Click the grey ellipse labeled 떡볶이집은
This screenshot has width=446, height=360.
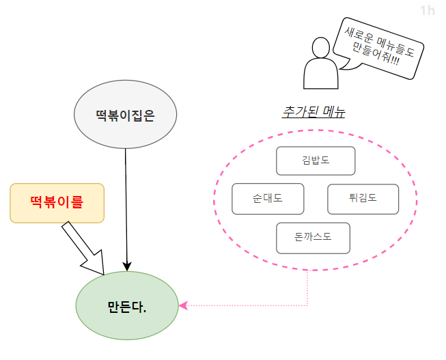pos(125,116)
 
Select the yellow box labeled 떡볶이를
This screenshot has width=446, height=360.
pos(57,203)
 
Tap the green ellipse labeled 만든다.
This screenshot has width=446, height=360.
pos(127,305)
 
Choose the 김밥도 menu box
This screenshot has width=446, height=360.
pos(316,161)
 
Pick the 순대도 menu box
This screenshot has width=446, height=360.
pos(268,199)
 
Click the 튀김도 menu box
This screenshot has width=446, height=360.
pos(363,199)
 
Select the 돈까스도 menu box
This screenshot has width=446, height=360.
pos(313,238)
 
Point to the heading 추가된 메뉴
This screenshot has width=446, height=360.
pos(313,111)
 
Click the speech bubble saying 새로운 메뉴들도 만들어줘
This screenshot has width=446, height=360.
pos(378,46)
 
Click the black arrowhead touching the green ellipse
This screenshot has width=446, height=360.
pos(127,266)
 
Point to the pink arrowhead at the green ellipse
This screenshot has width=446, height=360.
pos(182,305)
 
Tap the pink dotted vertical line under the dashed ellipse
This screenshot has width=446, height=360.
pos(308,287)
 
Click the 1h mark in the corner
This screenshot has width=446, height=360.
pos(428,10)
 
